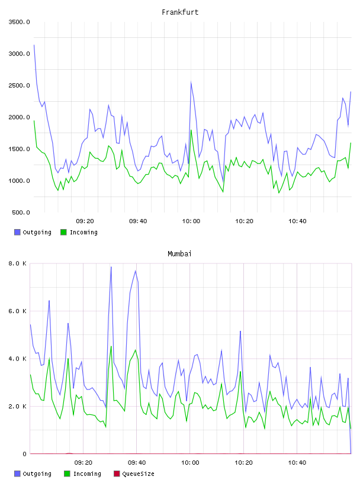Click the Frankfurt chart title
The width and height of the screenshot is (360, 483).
pyautogui.click(x=180, y=12)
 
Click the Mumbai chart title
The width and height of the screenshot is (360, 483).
pyautogui.click(x=179, y=254)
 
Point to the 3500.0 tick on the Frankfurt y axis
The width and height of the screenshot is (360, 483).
pyautogui.click(x=19, y=22)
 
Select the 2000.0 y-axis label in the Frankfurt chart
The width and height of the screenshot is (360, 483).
pyautogui.click(x=19, y=117)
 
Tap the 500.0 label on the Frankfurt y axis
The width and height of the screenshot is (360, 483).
pyautogui.click(x=21, y=212)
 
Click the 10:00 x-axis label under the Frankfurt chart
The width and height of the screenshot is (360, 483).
pyautogui.click(x=191, y=221)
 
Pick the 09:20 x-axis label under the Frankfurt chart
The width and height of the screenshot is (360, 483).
pyautogui.click(x=85, y=221)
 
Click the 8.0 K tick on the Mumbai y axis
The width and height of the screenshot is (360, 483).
pyautogui.click(x=17, y=263)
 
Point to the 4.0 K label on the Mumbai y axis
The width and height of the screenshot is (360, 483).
pyautogui.click(x=17, y=359)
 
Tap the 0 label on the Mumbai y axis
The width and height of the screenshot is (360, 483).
pyautogui.click(x=24, y=454)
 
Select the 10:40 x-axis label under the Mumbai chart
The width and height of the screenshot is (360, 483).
pyautogui.click(x=297, y=463)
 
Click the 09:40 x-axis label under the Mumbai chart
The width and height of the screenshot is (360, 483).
pyautogui.click(x=137, y=463)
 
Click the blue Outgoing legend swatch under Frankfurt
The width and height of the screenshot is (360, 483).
pyautogui.click(x=17, y=232)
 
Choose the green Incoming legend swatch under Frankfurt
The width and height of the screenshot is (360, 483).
pyautogui.click(x=63, y=232)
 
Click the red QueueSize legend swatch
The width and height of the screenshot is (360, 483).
pyautogui.click(x=117, y=474)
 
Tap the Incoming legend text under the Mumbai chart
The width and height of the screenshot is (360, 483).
pyautogui.click(x=87, y=474)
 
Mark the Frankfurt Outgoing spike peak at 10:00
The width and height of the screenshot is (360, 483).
pyautogui.click(x=191, y=82)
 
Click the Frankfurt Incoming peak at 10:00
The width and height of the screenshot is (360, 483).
pyautogui.click(x=191, y=130)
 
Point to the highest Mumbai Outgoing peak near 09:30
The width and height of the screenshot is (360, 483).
pyautogui.click(x=111, y=267)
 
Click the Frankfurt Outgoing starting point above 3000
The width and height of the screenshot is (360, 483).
pyautogui.click(x=34, y=45)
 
